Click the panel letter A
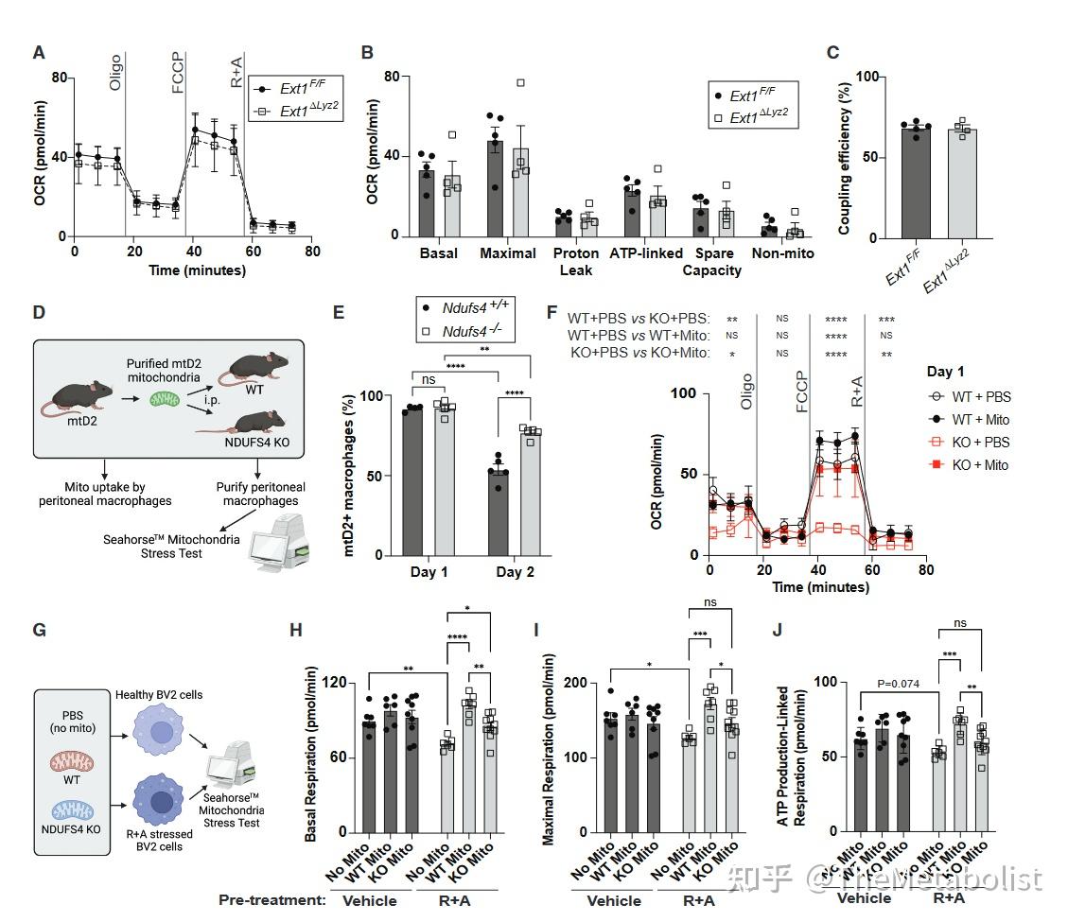pos(39,53)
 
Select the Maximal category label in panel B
pos(508,253)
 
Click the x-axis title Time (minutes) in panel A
pos(197,270)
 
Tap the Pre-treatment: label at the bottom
pos(272,899)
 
